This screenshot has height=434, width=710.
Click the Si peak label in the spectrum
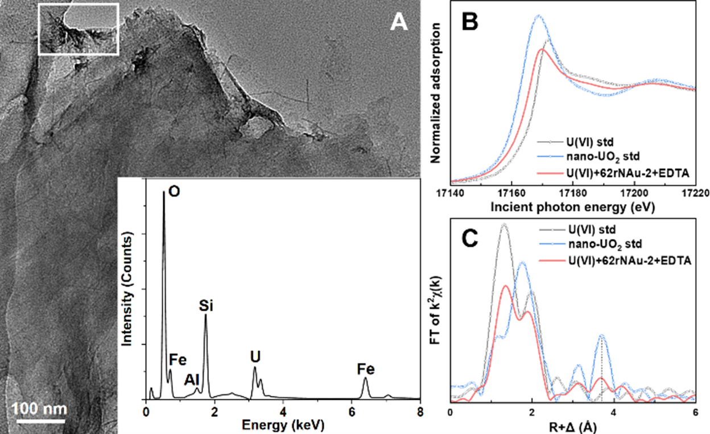205,305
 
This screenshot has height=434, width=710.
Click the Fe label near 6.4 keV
365,369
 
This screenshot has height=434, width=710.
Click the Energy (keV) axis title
283,425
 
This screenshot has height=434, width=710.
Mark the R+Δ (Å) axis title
573,425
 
